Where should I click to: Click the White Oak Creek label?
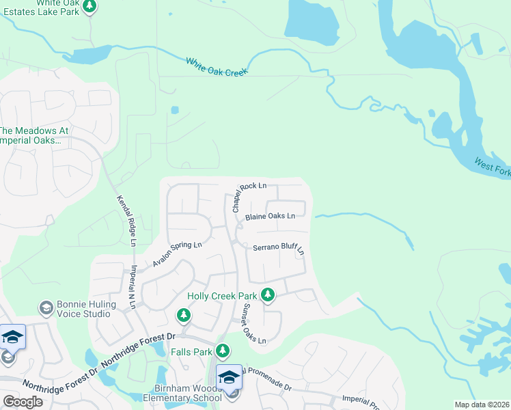217,66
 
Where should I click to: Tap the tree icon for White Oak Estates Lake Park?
89,6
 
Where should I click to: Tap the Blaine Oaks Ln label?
270,216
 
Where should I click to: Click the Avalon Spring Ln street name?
177,254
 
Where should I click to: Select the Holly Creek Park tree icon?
268,295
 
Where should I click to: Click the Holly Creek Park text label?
222,296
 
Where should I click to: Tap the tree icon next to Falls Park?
223,351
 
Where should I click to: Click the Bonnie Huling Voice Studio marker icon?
46,307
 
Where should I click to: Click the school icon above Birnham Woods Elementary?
230,377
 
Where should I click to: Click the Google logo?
23,401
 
